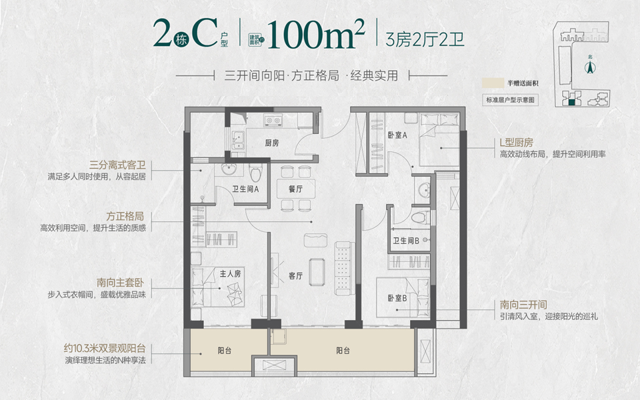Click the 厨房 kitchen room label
pos(272,143)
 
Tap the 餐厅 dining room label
pos(295,189)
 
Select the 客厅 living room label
pos(295,276)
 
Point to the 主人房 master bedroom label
pos(231,273)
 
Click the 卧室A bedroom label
pos(397,135)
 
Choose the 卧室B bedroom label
pos(397,298)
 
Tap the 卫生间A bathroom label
pos(245,189)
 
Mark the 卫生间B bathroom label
pos(406,241)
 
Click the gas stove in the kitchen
pos(273,121)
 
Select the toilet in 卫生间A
pos(256,173)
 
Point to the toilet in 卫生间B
pos(421,217)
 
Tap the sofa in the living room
pos(343,268)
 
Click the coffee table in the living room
pos(317,272)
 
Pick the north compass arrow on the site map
pos(590,67)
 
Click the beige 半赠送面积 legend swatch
pos(493,83)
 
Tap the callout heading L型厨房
pos(516,143)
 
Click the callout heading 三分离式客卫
pos(117,165)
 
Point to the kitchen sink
pos(237,140)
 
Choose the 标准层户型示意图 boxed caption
pos(510,100)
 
